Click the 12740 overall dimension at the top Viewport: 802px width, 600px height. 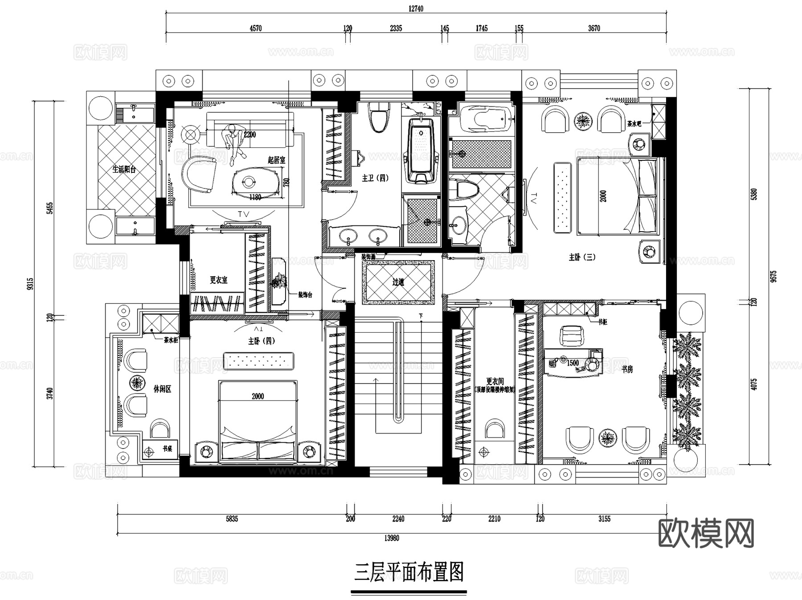click(x=415, y=8)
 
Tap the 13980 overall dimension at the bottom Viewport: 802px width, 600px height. click(x=392, y=538)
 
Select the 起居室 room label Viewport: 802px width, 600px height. click(x=276, y=160)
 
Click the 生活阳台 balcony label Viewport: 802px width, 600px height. click(x=124, y=169)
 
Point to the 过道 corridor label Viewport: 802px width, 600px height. click(x=398, y=282)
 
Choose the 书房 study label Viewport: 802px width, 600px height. click(x=627, y=369)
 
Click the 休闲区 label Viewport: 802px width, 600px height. click(x=162, y=389)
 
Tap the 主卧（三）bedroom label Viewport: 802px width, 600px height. click(x=582, y=257)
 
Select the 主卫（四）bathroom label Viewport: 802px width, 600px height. click(x=375, y=178)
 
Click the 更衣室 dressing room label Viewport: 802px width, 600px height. click(x=218, y=280)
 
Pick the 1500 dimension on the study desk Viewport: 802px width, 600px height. click(x=573, y=363)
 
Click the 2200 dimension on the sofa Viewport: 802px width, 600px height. click(x=250, y=135)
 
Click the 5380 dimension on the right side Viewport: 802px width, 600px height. click(x=754, y=194)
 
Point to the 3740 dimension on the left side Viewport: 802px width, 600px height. click(x=50, y=393)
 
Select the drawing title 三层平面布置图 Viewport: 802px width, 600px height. click(x=409, y=572)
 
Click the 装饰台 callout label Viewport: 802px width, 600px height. click(x=305, y=295)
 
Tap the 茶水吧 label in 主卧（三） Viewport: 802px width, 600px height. click(x=634, y=124)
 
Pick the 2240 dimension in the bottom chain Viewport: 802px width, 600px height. click(x=398, y=518)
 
